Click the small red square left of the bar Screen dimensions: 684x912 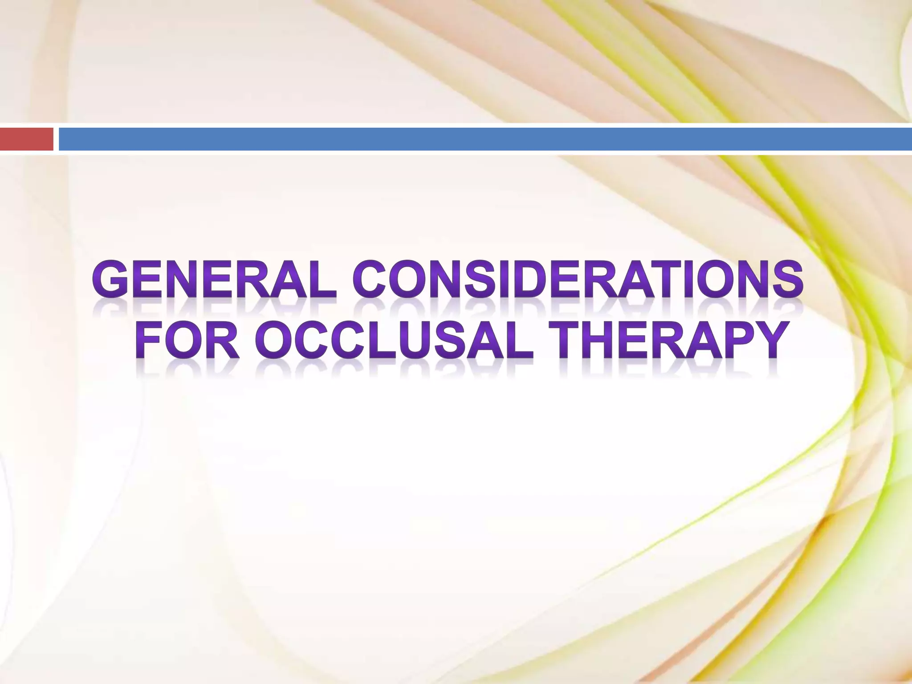point(26,139)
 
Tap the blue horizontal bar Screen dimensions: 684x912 point(485,139)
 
